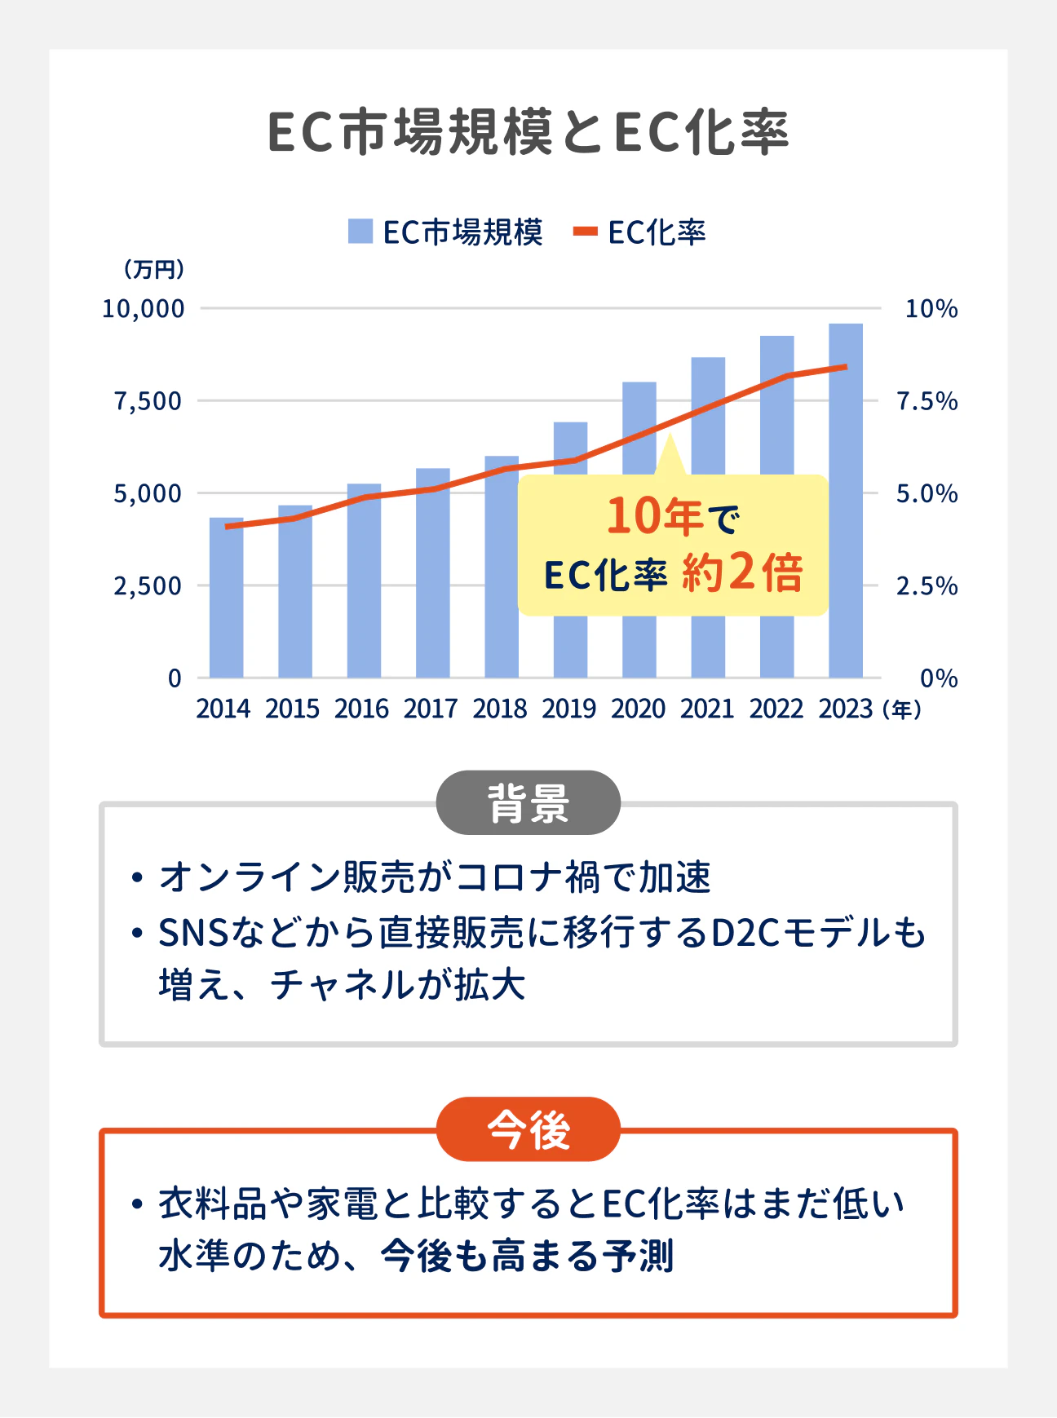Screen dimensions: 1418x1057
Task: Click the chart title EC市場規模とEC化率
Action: pos(528,132)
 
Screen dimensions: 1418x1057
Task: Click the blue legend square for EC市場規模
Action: pos(360,232)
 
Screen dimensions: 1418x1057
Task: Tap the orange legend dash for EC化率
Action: pos(585,232)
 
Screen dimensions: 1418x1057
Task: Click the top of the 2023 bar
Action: pos(846,325)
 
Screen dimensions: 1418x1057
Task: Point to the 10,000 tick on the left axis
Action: pos(144,309)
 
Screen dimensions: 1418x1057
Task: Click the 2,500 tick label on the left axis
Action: pos(148,585)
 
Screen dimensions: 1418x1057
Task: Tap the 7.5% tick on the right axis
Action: pos(927,401)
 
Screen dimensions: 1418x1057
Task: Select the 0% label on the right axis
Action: pos(938,678)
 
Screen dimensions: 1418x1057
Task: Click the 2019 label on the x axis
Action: pos(569,709)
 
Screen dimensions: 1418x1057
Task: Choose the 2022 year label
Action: pos(776,709)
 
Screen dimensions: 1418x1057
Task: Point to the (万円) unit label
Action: pos(154,269)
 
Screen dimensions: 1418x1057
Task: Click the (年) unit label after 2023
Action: pos(902,709)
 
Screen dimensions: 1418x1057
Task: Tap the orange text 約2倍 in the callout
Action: pos(742,572)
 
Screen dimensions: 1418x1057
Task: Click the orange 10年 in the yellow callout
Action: pos(654,516)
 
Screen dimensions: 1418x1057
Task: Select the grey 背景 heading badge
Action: pos(528,803)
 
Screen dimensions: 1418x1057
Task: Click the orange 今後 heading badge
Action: pos(528,1129)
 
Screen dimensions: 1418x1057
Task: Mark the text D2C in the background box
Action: pos(746,933)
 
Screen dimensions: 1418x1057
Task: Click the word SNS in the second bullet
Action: pos(193,933)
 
